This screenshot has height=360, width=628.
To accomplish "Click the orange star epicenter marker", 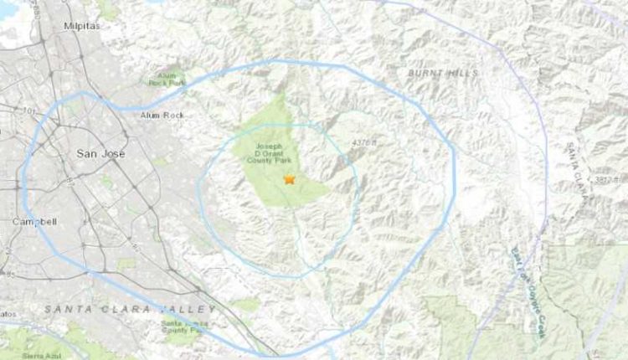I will (290, 179).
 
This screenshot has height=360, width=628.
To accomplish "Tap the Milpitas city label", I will (81, 26).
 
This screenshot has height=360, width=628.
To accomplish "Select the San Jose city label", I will (95, 153).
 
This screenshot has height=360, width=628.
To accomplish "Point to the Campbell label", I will (34, 222).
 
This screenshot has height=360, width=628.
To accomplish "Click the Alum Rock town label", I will (162, 114).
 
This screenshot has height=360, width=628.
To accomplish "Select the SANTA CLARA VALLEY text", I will (131, 309).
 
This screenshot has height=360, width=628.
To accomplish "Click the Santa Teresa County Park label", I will (185, 327).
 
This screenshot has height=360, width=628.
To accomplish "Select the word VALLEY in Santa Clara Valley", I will (190, 309).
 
